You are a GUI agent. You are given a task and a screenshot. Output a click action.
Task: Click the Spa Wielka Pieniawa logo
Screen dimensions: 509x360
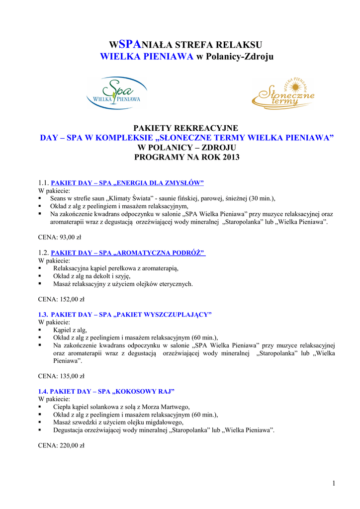point(117,92)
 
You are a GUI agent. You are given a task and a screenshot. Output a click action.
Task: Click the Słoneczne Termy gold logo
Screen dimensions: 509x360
point(283,93)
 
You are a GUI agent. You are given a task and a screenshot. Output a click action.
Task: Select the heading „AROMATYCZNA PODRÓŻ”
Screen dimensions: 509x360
point(160,253)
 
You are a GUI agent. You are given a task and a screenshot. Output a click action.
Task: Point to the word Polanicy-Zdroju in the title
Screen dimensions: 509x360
point(240,57)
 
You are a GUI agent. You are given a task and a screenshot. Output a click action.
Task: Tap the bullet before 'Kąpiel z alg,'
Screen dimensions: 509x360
point(40,330)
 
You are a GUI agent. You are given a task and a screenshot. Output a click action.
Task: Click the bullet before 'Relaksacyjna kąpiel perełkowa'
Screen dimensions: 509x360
point(40,268)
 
